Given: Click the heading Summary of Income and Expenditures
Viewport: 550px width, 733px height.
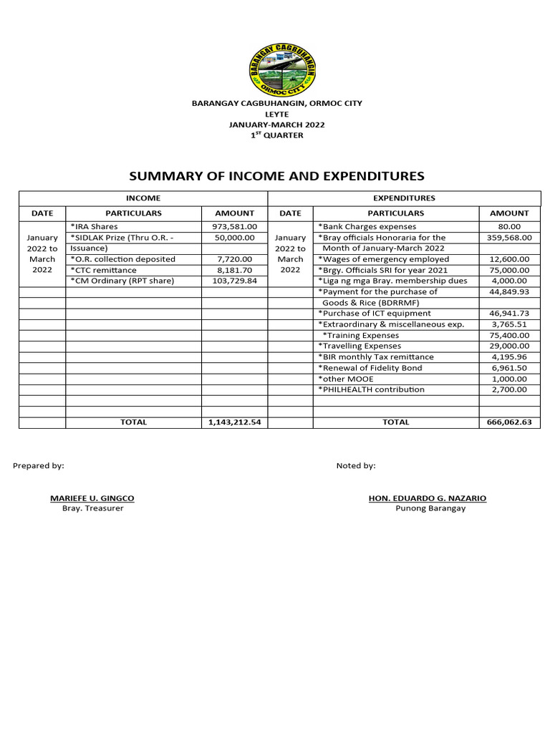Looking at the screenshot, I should [x=276, y=175].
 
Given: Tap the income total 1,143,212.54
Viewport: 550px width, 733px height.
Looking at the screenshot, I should [x=234, y=422].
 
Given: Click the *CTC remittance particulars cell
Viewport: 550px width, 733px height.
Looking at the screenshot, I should [x=103, y=270].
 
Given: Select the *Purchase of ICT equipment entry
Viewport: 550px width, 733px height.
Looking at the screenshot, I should [x=375, y=314].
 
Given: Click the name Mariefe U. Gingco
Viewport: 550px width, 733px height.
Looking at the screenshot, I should [x=92, y=497].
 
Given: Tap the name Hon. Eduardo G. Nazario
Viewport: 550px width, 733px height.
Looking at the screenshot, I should [x=427, y=497].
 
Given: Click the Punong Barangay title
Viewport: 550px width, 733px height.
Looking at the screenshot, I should [x=430, y=508].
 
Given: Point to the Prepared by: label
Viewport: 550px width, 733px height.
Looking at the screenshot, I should [x=39, y=465].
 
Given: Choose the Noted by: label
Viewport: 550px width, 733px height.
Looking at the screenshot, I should [x=356, y=465].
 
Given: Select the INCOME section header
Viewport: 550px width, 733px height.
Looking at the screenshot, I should [x=143, y=198].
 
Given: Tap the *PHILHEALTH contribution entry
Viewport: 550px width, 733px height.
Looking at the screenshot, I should [x=371, y=389].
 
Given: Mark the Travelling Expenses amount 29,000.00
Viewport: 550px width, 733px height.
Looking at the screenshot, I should [x=509, y=346].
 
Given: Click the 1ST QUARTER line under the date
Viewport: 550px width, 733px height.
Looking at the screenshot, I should [x=276, y=135].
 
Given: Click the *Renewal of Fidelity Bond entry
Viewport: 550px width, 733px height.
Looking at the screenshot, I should [x=370, y=368].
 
